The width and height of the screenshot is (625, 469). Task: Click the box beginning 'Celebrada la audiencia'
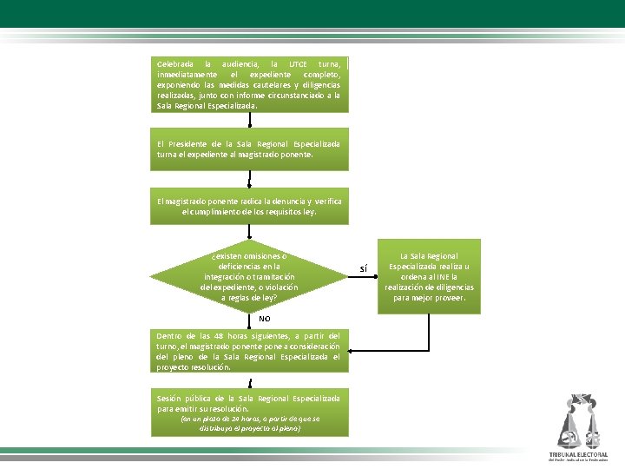point(249,84)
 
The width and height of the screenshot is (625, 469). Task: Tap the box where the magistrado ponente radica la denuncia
point(249,206)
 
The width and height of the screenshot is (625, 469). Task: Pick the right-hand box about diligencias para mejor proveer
point(429,276)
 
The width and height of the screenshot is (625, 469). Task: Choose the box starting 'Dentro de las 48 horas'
point(249,350)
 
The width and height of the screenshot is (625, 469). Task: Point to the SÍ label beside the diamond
point(364,269)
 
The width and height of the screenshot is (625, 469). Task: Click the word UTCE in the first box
point(297,64)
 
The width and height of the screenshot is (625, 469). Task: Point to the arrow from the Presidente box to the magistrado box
point(249,180)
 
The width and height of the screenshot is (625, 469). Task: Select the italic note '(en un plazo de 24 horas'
point(249,423)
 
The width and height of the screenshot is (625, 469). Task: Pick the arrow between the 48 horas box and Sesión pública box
point(249,382)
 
